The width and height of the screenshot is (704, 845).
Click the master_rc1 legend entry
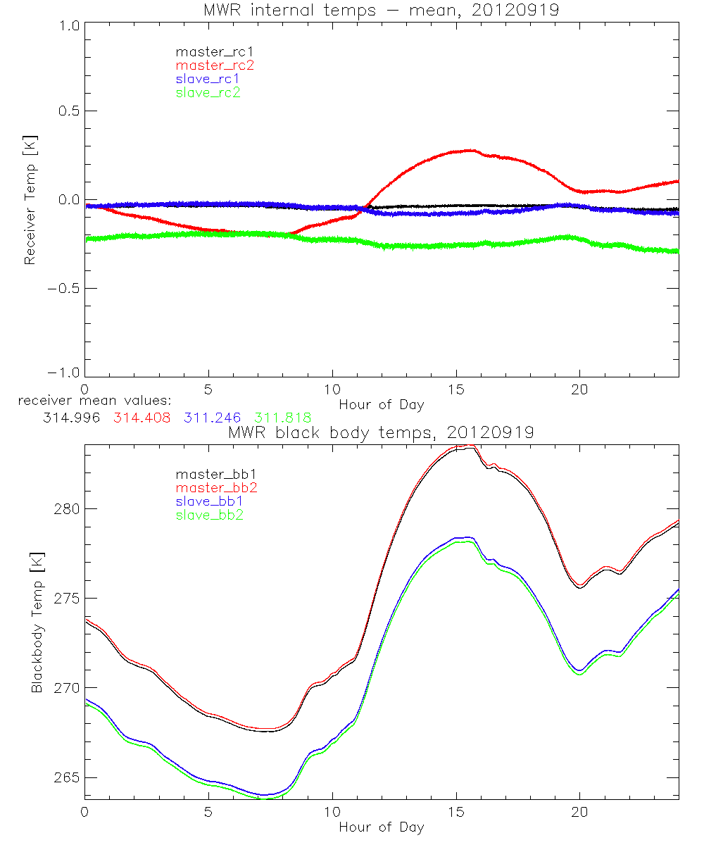207,51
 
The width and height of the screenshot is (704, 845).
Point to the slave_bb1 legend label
207,501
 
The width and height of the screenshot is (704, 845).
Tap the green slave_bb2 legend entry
207,515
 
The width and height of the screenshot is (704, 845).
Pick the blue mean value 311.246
213,418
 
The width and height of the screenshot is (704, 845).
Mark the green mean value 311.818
284,418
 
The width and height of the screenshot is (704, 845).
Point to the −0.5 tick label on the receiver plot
63,288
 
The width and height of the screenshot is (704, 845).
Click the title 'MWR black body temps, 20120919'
381,433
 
